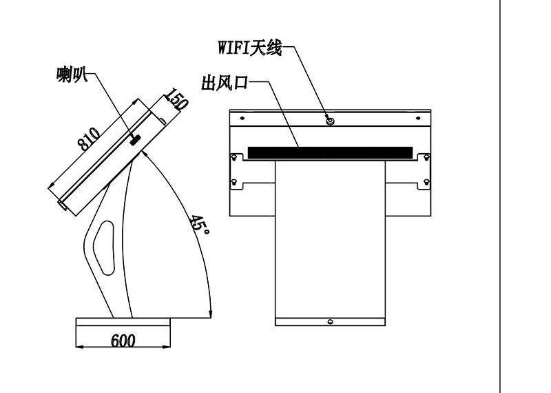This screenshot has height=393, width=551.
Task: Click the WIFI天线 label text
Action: [x=250, y=48]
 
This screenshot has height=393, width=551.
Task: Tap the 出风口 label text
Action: [x=225, y=83]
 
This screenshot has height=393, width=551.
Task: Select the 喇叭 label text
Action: [x=72, y=74]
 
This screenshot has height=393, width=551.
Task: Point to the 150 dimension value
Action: [x=177, y=99]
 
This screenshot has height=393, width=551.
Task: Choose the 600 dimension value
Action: [x=123, y=341]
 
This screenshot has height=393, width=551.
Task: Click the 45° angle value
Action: [x=200, y=225]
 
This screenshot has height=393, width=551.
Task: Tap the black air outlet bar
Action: [x=331, y=152]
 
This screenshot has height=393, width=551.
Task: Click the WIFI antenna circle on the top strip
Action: [x=330, y=121]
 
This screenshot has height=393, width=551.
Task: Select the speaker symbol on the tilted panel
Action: [x=135, y=140]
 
